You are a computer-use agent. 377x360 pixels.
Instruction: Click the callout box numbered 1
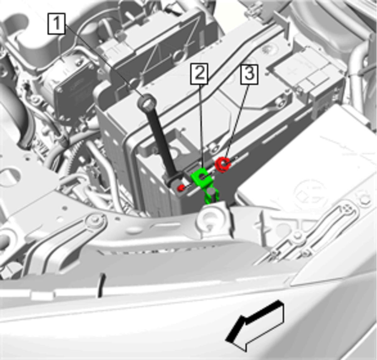point(56,24)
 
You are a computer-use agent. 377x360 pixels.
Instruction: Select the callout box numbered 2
point(199,74)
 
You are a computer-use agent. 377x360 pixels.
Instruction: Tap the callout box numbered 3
point(249,74)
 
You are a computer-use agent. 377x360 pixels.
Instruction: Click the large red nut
point(223,165)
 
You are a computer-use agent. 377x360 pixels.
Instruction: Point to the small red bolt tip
point(181,187)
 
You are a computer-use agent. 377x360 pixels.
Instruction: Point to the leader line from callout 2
point(201,126)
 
